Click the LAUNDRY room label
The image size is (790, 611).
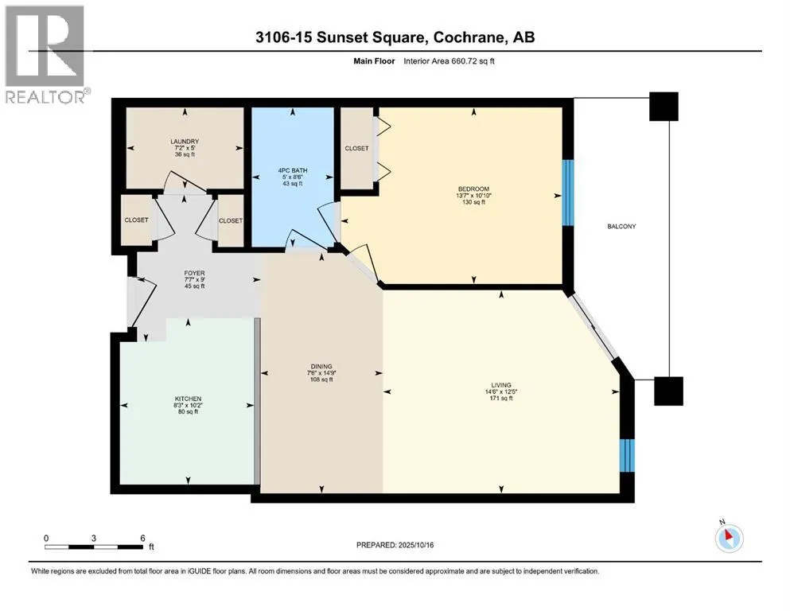pyautogui.click(x=185, y=142)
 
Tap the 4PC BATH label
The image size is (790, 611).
pyautogui.click(x=293, y=170)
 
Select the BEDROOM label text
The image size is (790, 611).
pyautogui.click(x=473, y=189)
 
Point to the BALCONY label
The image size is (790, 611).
pyautogui.click(x=621, y=227)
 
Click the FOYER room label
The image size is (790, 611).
pyautogui.click(x=194, y=273)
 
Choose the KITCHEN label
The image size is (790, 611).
pyautogui.click(x=188, y=399)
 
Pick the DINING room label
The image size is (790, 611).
pyautogui.click(x=321, y=367)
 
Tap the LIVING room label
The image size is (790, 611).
pyautogui.click(x=501, y=385)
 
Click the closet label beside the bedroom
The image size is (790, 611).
pyautogui.click(x=356, y=149)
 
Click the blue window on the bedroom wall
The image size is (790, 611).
pyautogui.click(x=568, y=193)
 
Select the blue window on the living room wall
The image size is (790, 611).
pyautogui.click(x=627, y=455)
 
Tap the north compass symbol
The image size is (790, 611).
pyautogui.click(x=729, y=538)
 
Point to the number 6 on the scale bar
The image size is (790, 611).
pyautogui.click(x=142, y=538)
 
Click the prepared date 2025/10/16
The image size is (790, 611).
pyautogui.click(x=415, y=545)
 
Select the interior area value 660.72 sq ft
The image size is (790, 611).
pyautogui.click(x=466, y=61)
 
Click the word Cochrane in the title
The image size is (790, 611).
pyautogui.click(x=468, y=37)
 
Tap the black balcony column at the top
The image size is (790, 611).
pyautogui.click(x=664, y=107)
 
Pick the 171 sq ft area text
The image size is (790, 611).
pyautogui.click(x=501, y=399)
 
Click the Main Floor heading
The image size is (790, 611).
pyautogui.click(x=374, y=61)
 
